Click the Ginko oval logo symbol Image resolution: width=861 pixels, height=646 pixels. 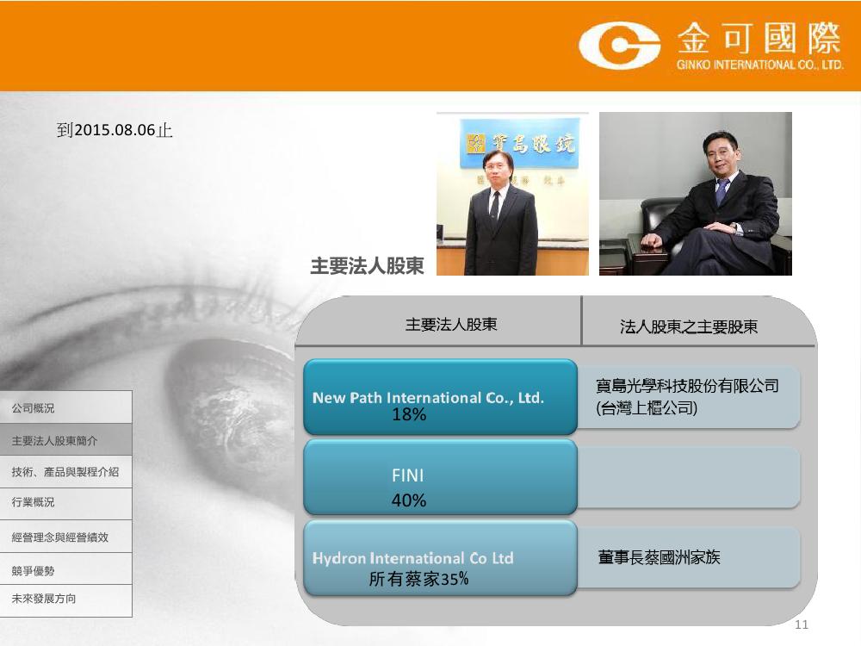[619, 45]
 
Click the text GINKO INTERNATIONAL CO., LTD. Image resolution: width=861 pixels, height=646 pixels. [760, 65]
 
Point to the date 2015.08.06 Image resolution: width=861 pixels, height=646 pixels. [115, 130]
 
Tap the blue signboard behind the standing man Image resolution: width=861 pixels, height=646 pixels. [519, 143]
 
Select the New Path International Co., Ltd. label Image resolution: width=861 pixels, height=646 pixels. [428, 398]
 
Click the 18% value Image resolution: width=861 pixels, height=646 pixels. [408, 415]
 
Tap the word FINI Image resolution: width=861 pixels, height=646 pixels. [407, 475]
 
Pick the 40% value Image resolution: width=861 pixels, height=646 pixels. [408, 500]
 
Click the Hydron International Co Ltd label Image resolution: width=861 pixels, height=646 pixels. [413, 558]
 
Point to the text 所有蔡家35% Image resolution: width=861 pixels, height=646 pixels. [418, 579]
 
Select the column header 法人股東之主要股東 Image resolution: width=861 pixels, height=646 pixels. [689, 326]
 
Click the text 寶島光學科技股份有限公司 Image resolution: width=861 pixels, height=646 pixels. [687, 386]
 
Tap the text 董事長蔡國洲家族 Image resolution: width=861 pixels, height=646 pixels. [659, 557]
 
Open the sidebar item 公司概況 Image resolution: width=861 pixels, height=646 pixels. [33, 408]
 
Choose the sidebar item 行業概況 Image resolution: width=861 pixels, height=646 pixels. [33, 502]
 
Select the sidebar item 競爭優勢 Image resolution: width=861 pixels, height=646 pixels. [33, 571]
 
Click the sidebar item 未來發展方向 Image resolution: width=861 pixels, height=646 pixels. [44, 599]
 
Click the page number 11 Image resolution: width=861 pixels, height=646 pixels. [802, 624]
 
